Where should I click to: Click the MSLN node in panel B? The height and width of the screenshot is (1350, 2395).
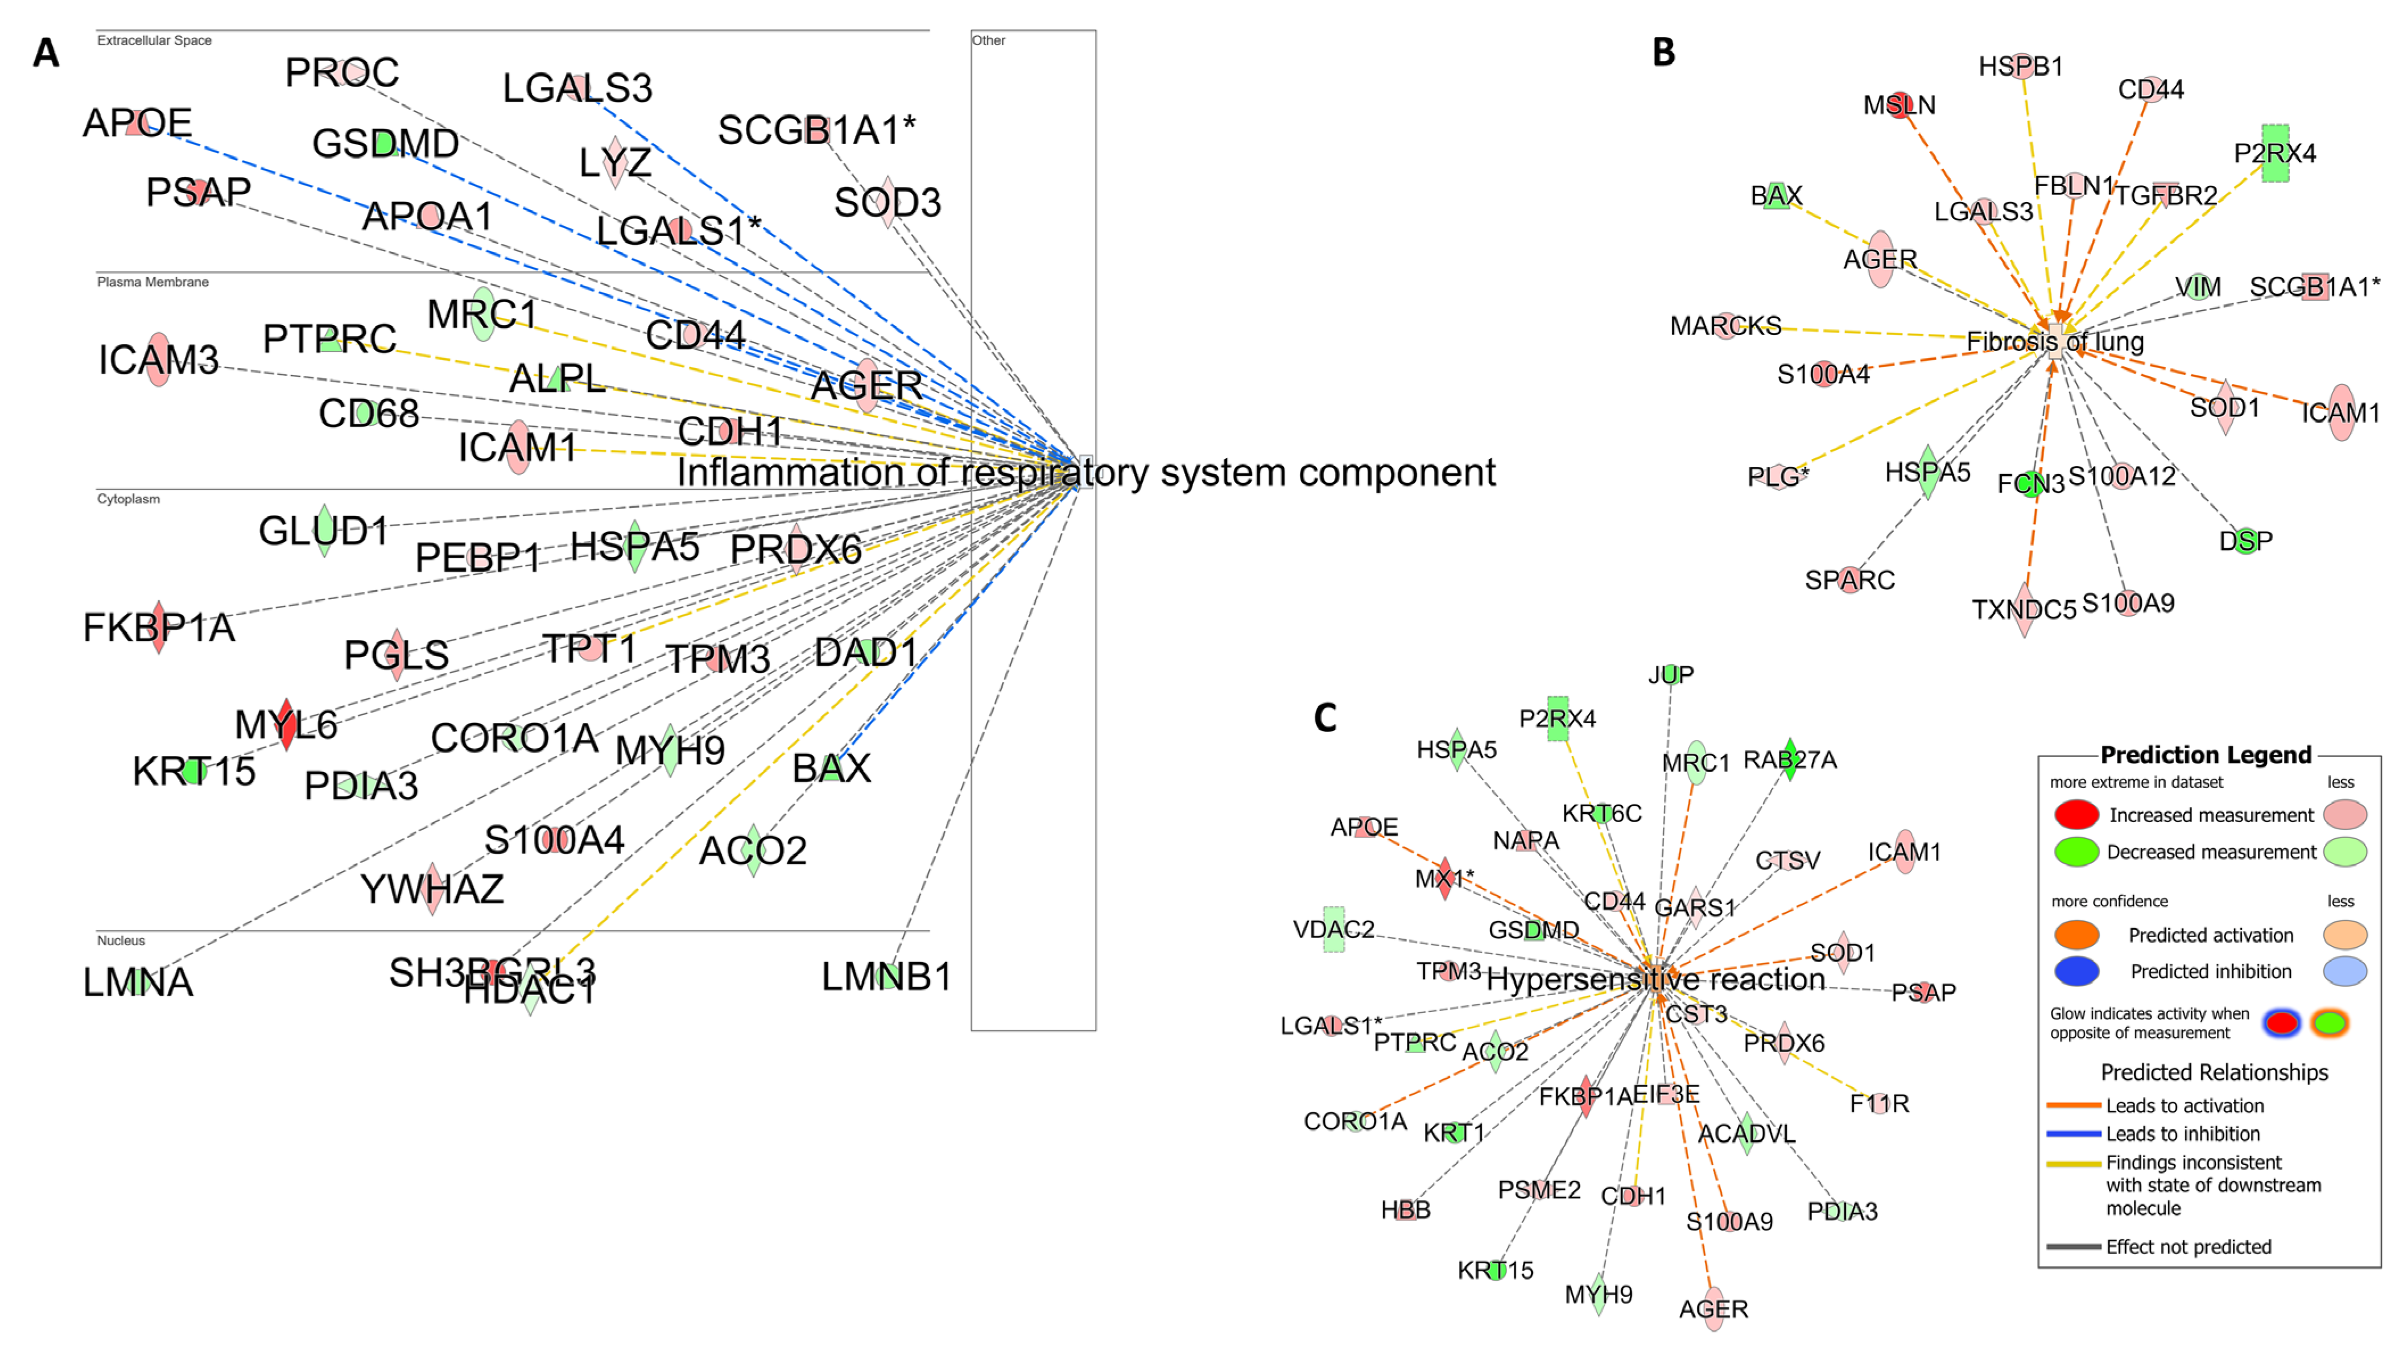coord(1900,105)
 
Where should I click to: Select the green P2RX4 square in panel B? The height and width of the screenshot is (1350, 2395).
coord(2275,154)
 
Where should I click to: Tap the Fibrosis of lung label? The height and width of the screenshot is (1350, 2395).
coord(2055,341)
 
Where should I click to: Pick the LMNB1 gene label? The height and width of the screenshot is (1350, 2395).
coord(886,976)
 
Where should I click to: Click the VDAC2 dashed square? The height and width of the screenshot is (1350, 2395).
coord(1333,929)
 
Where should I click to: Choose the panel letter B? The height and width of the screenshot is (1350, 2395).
coord(1663,52)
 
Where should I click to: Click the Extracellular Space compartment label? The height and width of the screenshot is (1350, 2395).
coord(154,40)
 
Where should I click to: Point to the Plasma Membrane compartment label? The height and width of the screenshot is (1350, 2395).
coord(152,282)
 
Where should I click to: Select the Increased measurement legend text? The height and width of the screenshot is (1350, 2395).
coord(2211,815)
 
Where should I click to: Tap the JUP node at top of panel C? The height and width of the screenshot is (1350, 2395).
coord(1671,674)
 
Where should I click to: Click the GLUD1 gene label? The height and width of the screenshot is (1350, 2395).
coord(323,531)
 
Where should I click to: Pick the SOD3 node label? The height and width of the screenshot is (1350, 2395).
coord(887,202)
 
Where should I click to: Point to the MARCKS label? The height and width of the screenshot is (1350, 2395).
coord(1725,325)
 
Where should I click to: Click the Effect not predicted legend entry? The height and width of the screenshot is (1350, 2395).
coord(2188,1247)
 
